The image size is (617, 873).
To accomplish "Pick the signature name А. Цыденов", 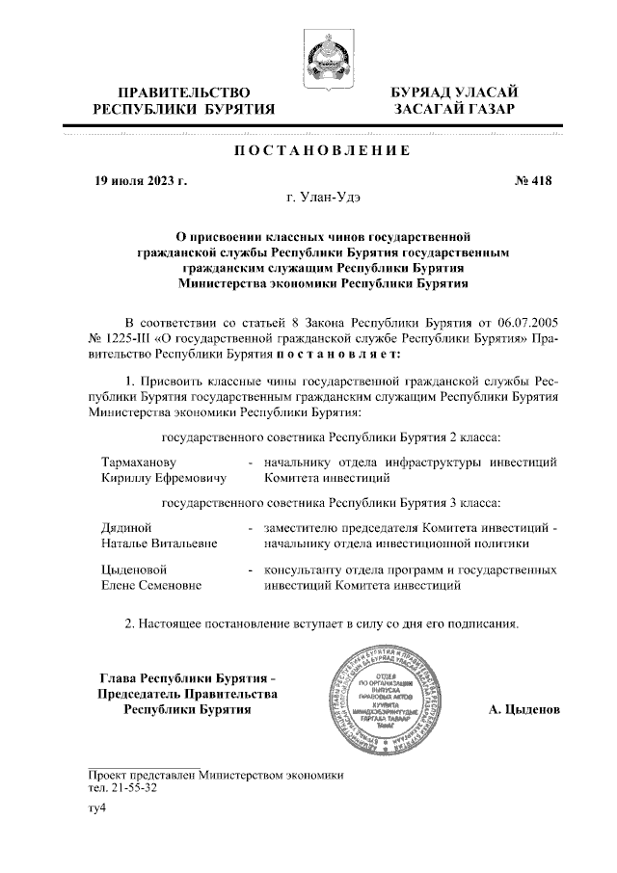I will pos(523,710).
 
